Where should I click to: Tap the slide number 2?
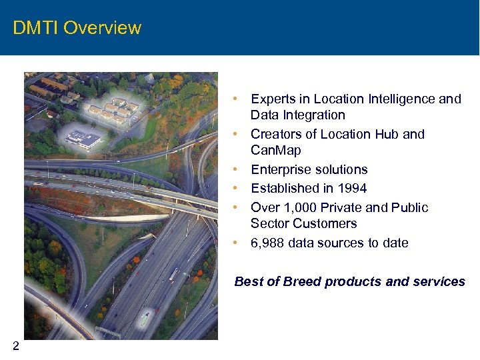15,345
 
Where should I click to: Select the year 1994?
352,189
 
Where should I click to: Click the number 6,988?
267,243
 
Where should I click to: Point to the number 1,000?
300,208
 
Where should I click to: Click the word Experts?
272,99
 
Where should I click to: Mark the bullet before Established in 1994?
237,189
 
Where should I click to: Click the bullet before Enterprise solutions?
237,170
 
